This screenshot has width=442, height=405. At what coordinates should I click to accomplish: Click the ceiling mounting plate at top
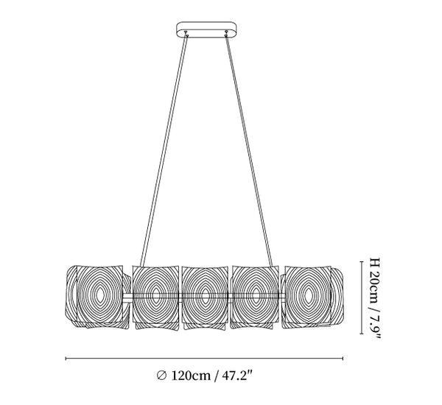tap(206, 30)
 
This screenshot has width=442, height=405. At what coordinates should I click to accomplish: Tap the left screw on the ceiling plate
tap(186, 34)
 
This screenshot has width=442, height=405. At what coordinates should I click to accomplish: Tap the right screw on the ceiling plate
tap(226, 34)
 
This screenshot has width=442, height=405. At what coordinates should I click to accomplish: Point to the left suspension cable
tap(164, 151)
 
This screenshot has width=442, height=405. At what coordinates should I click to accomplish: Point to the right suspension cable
tap(249, 151)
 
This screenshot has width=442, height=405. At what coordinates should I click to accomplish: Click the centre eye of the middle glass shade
tap(206, 295)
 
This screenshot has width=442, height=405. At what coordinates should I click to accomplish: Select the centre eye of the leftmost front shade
tap(99, 295)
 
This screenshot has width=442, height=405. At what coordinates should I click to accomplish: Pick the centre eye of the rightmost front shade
tap(309, 295)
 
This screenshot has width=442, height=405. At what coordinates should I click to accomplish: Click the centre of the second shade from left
tap(155, 295)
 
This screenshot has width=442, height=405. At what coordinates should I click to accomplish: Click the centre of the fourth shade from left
tap(256, 295)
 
